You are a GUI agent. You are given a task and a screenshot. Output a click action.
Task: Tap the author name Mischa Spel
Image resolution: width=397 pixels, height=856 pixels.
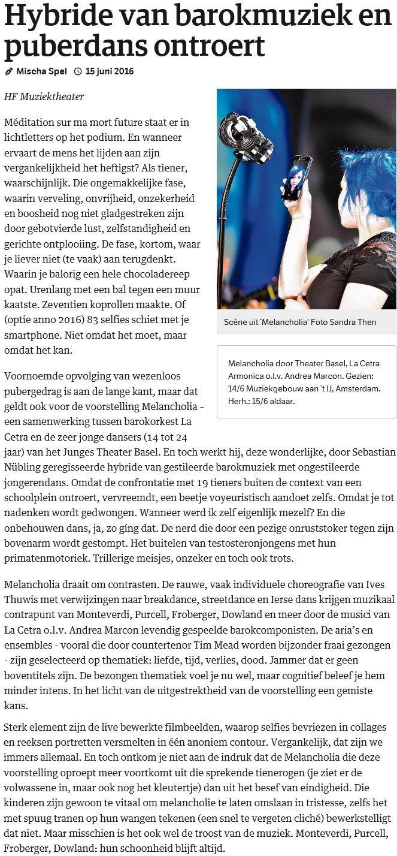coord(41,71)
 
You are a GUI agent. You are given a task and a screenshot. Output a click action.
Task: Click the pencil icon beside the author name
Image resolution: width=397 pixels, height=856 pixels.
coord(8,71)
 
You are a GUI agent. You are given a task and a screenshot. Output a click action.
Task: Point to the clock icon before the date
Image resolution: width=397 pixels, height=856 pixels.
coord(78,71)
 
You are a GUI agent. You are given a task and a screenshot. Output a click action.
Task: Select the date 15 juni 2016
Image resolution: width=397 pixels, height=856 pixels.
coord(110,71)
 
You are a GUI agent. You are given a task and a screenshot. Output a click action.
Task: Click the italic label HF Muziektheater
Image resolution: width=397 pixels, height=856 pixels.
coord(44,97)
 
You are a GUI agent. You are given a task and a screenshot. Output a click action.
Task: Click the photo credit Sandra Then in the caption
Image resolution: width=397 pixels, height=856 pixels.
coord(356,322)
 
